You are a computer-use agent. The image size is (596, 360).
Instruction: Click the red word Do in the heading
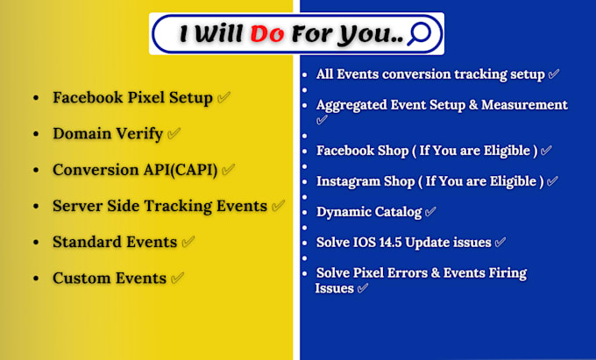coord(267,34)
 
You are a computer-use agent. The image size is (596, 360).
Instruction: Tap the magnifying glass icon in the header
coord(419,33)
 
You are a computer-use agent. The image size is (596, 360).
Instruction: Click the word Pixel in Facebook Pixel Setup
coord(146,97)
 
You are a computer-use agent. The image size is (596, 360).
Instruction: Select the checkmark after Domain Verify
coord(174,133)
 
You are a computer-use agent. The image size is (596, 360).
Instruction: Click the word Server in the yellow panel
coord(77,206)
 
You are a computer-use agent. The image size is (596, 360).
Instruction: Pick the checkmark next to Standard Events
coord(188,242)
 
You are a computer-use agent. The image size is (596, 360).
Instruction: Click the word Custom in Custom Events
coord(82,278)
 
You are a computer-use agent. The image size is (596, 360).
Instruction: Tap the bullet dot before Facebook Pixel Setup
coord(36,98)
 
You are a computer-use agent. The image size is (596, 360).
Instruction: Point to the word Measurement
coord(524,105)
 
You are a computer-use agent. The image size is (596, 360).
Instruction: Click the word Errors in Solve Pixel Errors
coord(408,272)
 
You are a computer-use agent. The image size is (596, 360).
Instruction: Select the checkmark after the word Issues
coord(363,288)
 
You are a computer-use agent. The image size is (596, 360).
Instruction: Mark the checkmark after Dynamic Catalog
coord(430,211)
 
